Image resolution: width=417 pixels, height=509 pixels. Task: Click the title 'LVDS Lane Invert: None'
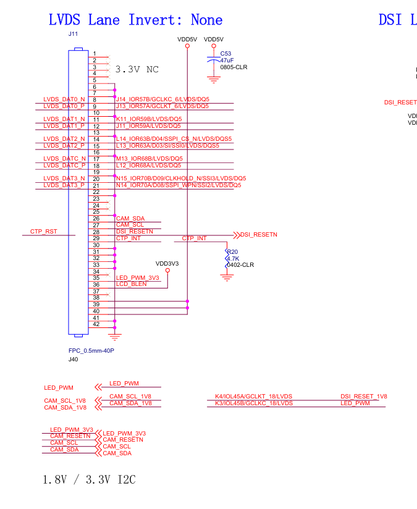click(135, 20)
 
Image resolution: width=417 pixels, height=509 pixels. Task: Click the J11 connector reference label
click(73, 34)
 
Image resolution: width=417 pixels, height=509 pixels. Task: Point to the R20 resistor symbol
click(227, 259)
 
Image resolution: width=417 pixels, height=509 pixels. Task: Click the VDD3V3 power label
click(167, 263)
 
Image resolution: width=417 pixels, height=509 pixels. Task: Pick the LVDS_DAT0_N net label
click(64, 99)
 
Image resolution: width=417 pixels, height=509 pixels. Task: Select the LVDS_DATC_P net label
click(64, 166)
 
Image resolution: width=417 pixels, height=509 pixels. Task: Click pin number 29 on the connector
click(96, 238)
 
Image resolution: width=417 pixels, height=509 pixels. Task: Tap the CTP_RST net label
click(43, 232)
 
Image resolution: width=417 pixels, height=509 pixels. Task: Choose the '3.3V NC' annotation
click(137, 69)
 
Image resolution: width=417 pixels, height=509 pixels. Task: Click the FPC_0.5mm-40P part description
click(91, 351)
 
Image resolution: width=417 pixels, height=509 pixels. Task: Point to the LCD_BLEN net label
click(132, 284)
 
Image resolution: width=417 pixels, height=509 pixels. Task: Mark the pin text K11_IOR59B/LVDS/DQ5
click(149, 119)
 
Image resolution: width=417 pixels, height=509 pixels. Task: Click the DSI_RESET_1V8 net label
click(363, 397)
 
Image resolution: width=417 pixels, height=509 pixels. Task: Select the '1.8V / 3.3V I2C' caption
click(89, 479)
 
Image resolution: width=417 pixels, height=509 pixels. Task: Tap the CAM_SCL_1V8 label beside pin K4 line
click(130, 397)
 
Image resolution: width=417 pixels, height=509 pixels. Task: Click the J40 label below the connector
click(73, 359)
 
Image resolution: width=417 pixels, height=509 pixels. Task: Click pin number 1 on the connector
click(95, 54)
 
